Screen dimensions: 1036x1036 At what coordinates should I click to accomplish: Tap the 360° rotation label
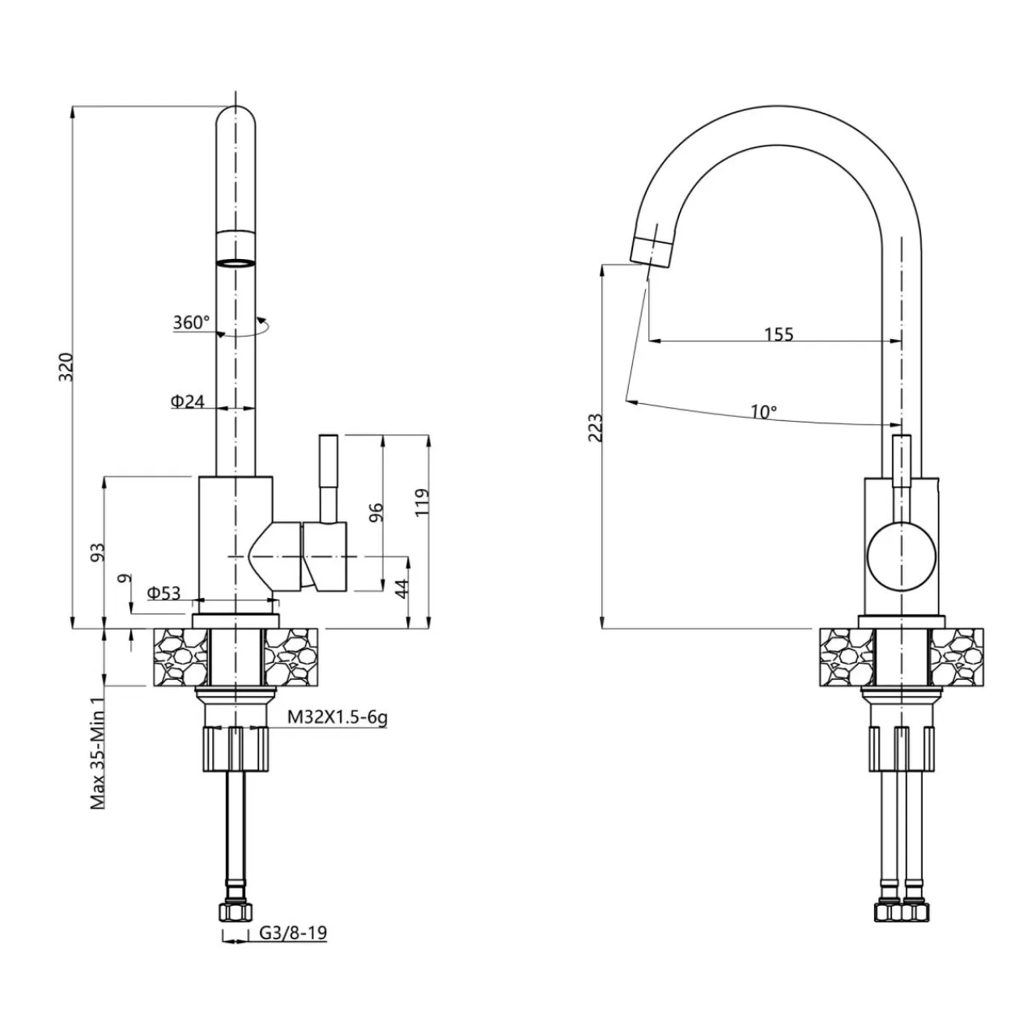(x=191, y=322)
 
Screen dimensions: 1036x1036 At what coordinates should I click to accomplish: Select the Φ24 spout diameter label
(x=187, y=401)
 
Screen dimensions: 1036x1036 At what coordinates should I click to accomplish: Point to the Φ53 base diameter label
(x=163, y=593)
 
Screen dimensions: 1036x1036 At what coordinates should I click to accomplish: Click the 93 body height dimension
(x=98, y=553)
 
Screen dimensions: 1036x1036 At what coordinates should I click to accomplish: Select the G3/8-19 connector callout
(x=293, y=933)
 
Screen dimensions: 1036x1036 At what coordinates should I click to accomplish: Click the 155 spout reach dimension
(x=779, y=333)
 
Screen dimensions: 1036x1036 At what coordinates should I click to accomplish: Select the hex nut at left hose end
(x=236, y=911)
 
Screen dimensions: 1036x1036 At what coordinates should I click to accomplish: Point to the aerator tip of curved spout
(x=652, y=251)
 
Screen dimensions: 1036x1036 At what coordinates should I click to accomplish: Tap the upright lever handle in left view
(x=329, y=478)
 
